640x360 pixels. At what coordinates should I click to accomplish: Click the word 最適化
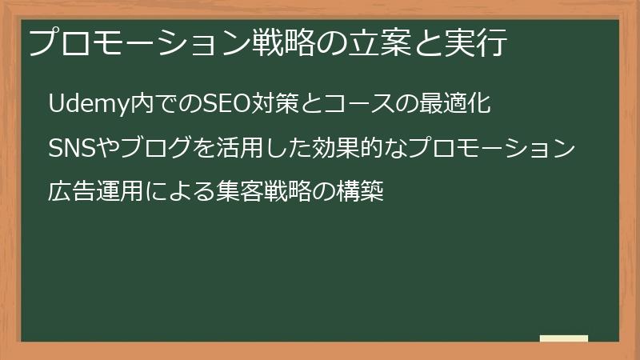point(455,103)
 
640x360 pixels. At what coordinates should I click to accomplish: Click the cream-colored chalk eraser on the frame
point(564,338)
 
